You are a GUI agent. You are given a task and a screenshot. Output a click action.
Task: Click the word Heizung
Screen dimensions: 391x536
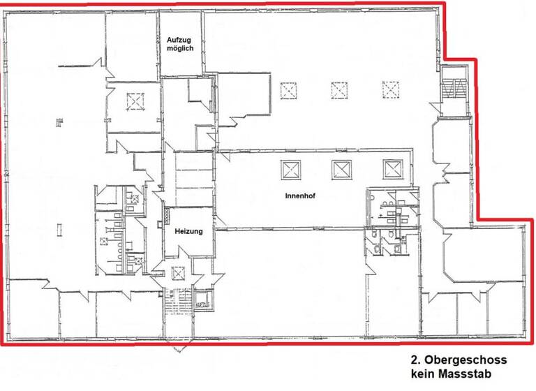click(188, 231)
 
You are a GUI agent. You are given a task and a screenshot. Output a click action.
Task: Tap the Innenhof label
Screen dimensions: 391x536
click(300, 196)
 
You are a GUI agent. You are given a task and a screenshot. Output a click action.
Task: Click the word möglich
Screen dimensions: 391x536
click(180, 50)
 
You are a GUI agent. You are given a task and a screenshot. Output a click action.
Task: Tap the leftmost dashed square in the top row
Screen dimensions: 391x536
click(288, 91)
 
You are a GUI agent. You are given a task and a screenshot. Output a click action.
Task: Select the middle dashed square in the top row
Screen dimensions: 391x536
click(339, 91)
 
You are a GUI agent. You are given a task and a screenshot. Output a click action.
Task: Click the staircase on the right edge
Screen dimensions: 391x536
click(454, 90)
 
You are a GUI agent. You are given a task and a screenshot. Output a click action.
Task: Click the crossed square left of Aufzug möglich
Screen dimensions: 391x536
click(133, 102)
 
